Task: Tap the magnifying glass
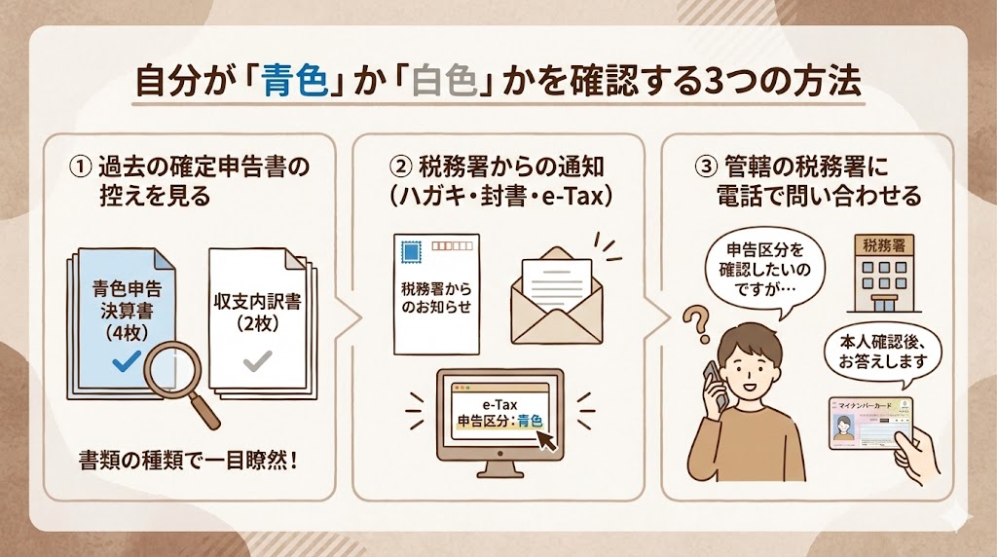coord(181,381)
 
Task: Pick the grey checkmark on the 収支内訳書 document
coord(256,361)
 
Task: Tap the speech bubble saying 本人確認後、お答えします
coord(881,353)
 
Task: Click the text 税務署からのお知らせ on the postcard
coord(434,298)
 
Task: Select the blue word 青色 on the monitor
coord(530,422)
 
